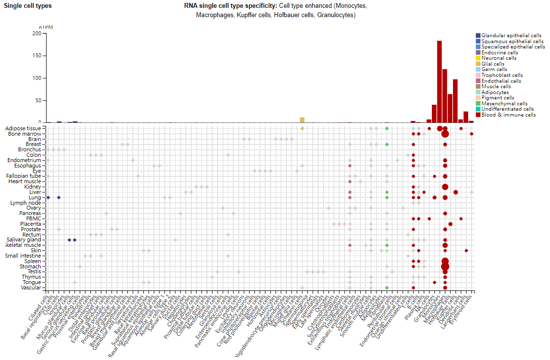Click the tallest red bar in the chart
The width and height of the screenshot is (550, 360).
(439, 81)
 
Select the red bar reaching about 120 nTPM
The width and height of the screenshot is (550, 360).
(445, 96)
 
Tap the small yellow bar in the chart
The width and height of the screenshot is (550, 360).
(302, 120)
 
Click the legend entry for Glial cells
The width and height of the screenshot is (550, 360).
(493, 64)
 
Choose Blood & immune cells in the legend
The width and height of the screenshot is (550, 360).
(508, 115)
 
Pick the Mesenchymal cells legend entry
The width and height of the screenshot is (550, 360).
(504, 104)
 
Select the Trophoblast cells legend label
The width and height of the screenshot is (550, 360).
(502, 75)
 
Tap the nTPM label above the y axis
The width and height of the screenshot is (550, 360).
(45, 27)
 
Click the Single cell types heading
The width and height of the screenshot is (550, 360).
(28, 6)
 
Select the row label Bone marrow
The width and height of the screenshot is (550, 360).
(25, 134)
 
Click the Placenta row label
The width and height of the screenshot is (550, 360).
(30, 224)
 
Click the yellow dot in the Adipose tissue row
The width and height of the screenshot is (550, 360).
(302, 128)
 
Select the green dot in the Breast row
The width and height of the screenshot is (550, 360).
(387, 144)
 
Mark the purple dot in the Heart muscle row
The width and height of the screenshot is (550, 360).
(350, 182)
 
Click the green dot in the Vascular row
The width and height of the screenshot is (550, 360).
(387, 288)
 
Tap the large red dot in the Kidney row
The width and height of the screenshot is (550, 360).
(445, 187)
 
